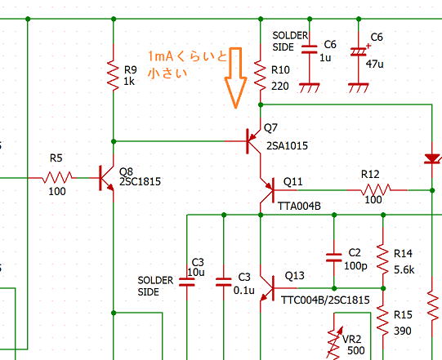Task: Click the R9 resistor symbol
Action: pyautogui.click(x=114, y=74)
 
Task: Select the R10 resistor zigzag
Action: pyautogui.click(x=260, y=75)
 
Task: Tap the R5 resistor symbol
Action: pyautogui.click(x=57, y=177)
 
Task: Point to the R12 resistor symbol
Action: pyautogui.click(x=376, y=190)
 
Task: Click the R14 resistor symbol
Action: pyautogui.click(x=383, y=259)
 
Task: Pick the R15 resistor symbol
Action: pyautogui.click(x=383, y=320)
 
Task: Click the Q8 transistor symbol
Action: pyautogui.click(x=106, y=178)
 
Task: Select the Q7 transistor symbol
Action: pyautogui.click(x=253, y=141)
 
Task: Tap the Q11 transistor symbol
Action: pyautogui.click(x=267, y=190)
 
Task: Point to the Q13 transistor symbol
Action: pyautogui.click(x=267, y=288)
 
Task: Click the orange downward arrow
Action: pyautogui.click(x=235, y=78)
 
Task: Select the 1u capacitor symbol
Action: pyautogui.click(x=310, y=49)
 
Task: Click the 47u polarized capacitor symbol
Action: pyautogui.click(x=359, y=51)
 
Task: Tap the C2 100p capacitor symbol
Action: pyautogui.click(x=334, y=258)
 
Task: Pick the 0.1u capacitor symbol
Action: pyautogui.click(x=224, y=282)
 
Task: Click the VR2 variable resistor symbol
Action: pyautogui.click(x=334, y=343)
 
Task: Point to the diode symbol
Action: pyautogui.click(x=432, y=158)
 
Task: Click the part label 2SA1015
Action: pyautogui.click(x=287, y=145)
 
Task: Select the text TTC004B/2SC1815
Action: pyautogui.click(x=325, y=300)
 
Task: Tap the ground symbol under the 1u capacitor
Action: pyautogui.click(x=310, y=88)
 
